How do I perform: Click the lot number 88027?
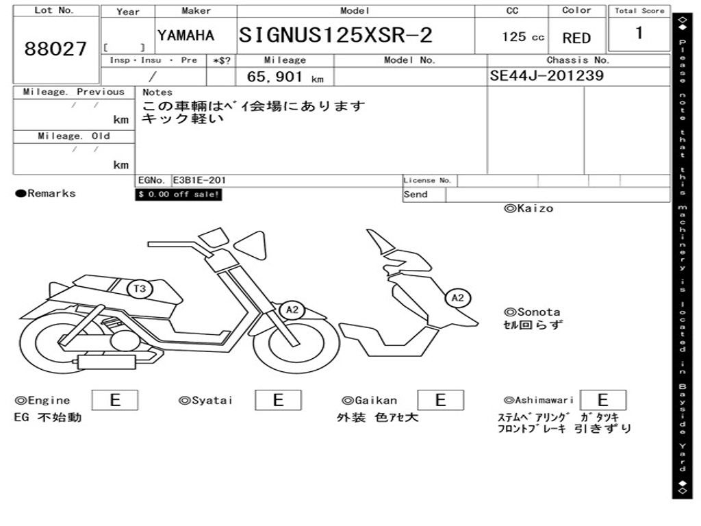55,49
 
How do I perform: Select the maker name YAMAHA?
186,36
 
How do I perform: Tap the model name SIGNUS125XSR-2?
335,36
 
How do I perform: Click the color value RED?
576,38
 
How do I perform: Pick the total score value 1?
639,33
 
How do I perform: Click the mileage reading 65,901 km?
285,77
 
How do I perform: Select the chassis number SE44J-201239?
546,75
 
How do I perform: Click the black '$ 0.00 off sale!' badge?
179,195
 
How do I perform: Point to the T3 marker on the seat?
139,289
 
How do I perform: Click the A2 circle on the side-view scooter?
292,310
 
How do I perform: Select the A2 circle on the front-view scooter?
457,297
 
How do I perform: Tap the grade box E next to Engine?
114,400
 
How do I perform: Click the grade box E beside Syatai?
278,400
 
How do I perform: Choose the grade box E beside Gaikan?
440,400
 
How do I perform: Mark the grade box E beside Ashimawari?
602,400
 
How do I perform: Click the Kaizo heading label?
528,208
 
